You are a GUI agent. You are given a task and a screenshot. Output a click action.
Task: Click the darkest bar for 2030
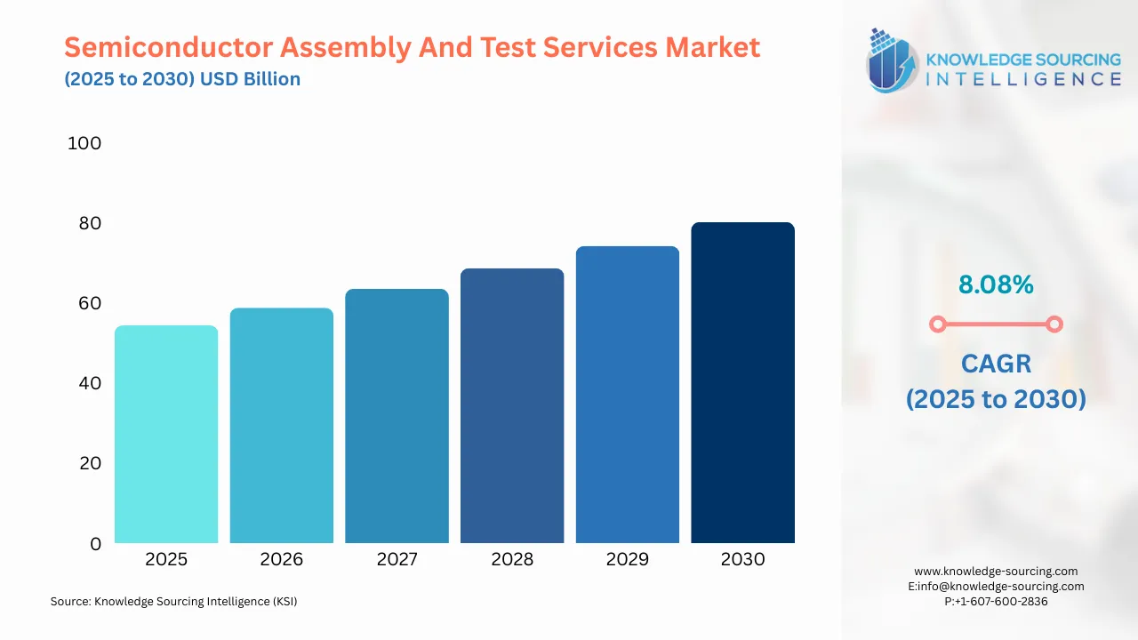742,382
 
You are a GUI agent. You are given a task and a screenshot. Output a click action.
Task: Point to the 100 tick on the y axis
84,143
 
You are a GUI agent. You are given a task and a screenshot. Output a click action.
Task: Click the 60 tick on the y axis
90,303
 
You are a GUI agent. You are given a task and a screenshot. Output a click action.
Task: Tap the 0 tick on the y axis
96,543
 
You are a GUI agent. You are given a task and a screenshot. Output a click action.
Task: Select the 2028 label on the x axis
512,559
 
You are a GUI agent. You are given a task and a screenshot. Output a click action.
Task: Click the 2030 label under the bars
742,559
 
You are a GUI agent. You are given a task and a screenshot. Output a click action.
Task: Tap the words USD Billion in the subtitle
250,79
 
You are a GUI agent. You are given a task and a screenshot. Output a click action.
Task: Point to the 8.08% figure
996,284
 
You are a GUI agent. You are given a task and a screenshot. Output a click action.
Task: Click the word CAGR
996,363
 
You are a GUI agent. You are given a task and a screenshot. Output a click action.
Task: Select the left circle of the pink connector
937,324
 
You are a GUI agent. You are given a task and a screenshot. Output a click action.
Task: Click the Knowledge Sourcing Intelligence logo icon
893,60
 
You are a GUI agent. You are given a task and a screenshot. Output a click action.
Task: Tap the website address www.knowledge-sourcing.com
996,572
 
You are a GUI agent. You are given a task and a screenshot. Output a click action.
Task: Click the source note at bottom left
173,602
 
